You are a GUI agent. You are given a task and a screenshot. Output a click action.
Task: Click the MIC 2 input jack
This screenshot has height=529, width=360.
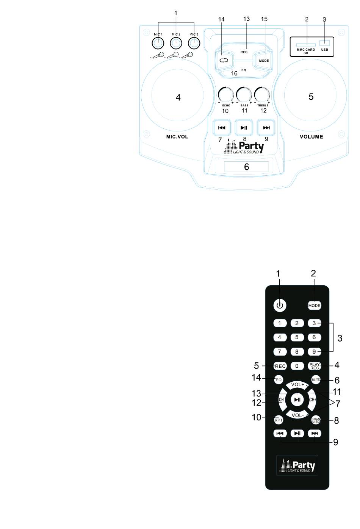point(176,43)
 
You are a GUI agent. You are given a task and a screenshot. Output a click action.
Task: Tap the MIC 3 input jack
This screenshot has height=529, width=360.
point(194,43)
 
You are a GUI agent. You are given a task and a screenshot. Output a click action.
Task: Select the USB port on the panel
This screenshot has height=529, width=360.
point(324,43)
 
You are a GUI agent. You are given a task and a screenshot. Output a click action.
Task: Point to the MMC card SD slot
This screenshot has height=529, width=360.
point(306,45)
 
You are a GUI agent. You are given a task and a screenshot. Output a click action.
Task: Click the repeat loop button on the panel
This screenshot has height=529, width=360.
point(224,60)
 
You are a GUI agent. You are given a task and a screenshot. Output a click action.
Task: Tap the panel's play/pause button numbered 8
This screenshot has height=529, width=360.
point(244,128)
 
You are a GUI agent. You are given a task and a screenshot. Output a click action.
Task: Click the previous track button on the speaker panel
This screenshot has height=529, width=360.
point(222,128)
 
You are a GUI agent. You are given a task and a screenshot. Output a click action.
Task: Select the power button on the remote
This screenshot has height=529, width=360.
point(279,305)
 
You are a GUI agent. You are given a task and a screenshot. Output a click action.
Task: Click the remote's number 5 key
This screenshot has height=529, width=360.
point(297,337)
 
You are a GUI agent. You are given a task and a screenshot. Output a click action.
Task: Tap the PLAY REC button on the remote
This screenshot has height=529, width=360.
point(315,366)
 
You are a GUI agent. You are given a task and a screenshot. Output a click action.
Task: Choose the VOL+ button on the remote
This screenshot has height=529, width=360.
point(297,385)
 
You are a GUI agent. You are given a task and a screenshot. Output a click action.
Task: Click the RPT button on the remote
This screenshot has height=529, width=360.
point(279,420)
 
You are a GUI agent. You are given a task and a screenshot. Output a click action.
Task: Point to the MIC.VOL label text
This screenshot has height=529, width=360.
point(177,137)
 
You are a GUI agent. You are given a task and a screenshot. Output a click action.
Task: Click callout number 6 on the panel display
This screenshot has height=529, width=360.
point(246,167)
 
